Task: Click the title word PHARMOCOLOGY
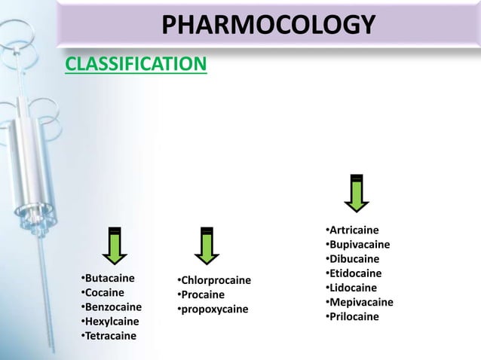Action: (268, 26)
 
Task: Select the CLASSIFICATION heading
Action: (135, 66)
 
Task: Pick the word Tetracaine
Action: (111, 335)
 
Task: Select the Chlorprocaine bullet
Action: (211, 281)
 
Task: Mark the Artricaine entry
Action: (354, 230)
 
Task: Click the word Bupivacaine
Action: (360, 244)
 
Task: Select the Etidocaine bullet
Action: (355, 273)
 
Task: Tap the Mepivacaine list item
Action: (360, 302)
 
